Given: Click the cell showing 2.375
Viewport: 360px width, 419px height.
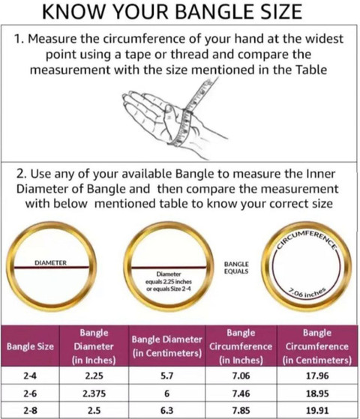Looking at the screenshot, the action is (x=94, y=394).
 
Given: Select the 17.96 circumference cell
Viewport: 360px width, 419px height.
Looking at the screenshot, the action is (x=317, y=376).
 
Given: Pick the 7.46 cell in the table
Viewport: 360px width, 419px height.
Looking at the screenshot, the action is (x=241, y=394).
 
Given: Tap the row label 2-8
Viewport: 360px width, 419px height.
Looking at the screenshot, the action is (x=30, y=410).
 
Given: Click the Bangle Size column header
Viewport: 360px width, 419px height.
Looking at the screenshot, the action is (x=30, y=346).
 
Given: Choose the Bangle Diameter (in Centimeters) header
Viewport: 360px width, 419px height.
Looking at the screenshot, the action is (x=167, y=346).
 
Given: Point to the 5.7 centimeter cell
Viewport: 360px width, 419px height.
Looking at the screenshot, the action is (x=167, y=376).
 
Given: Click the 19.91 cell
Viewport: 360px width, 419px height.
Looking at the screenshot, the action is (x=317, y=410).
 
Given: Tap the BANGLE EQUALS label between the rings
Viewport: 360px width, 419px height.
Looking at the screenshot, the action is (x=236, y=268).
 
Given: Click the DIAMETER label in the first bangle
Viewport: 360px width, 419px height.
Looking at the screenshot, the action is (x=50, y=263).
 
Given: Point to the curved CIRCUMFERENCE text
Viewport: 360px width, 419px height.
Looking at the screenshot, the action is (x=307, y=238).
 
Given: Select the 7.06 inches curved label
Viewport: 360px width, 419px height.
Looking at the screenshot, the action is (x=307, y=293).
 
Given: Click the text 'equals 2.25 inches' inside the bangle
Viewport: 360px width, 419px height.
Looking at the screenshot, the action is (x=169, y=282).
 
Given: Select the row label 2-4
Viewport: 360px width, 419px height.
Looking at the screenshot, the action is (x=30, y=376).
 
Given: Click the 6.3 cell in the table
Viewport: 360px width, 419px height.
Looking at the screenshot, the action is (x=167, y=410).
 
